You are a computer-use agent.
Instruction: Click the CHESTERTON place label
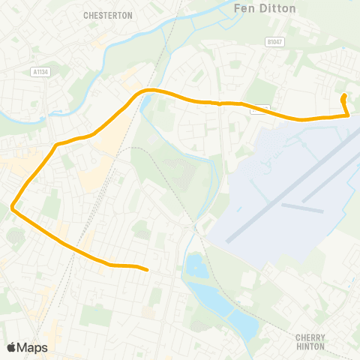point(108,15)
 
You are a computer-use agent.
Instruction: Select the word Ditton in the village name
point(280,8)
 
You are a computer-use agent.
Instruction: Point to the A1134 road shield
point(41,72)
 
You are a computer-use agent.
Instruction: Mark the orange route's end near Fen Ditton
point(343,97)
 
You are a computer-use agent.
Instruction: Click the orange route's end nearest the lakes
point(147,269)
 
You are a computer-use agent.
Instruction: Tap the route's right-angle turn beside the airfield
point(349,115)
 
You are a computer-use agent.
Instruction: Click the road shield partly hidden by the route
point(259,108)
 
